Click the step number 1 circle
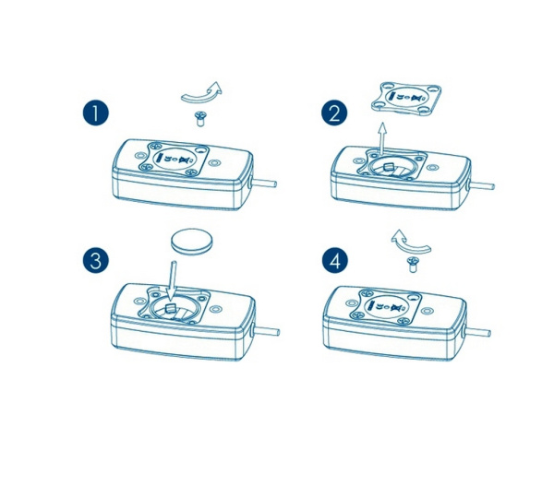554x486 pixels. point(96,113)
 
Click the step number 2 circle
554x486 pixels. point(334,113)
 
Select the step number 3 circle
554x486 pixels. point(96,260)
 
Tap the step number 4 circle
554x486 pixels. point(335,260)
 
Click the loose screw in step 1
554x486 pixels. point(200,119)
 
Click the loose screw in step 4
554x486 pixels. point(412,265)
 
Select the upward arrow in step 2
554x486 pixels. point(381,138)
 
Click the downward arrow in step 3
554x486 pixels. point(172,279)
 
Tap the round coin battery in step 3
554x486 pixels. point(192,241)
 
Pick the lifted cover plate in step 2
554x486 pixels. point(406,98)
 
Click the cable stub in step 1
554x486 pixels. point(263,184)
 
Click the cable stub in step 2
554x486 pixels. point(481,185)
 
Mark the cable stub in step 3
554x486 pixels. point(266,331)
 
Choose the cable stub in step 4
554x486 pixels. point(477,332)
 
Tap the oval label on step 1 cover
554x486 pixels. point(175,159)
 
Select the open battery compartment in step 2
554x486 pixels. point(390,169)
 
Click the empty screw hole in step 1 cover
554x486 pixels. point(201,150)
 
